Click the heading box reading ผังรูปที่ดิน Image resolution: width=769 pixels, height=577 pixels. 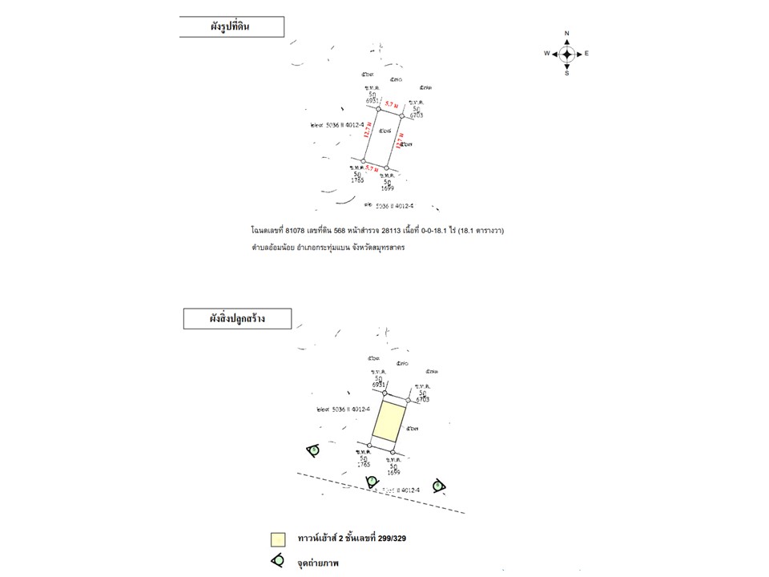(232, 27)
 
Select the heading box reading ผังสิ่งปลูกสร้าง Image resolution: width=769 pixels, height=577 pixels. (237, 318)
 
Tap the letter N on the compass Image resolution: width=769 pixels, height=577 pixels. (566, 34)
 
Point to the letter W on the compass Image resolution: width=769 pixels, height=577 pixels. (546, 54)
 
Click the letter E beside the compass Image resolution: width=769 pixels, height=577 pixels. (586, 54)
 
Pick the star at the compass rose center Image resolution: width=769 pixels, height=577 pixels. (566, 54)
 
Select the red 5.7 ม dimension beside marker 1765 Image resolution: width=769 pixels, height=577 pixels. (372, 167)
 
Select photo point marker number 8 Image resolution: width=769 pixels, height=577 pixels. (313, 450)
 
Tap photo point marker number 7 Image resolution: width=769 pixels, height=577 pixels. (372, 481)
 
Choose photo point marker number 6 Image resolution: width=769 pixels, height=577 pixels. (437, 485)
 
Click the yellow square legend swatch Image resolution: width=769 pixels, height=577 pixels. (278, 539)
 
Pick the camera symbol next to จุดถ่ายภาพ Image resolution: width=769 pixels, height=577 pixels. (278, 561)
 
